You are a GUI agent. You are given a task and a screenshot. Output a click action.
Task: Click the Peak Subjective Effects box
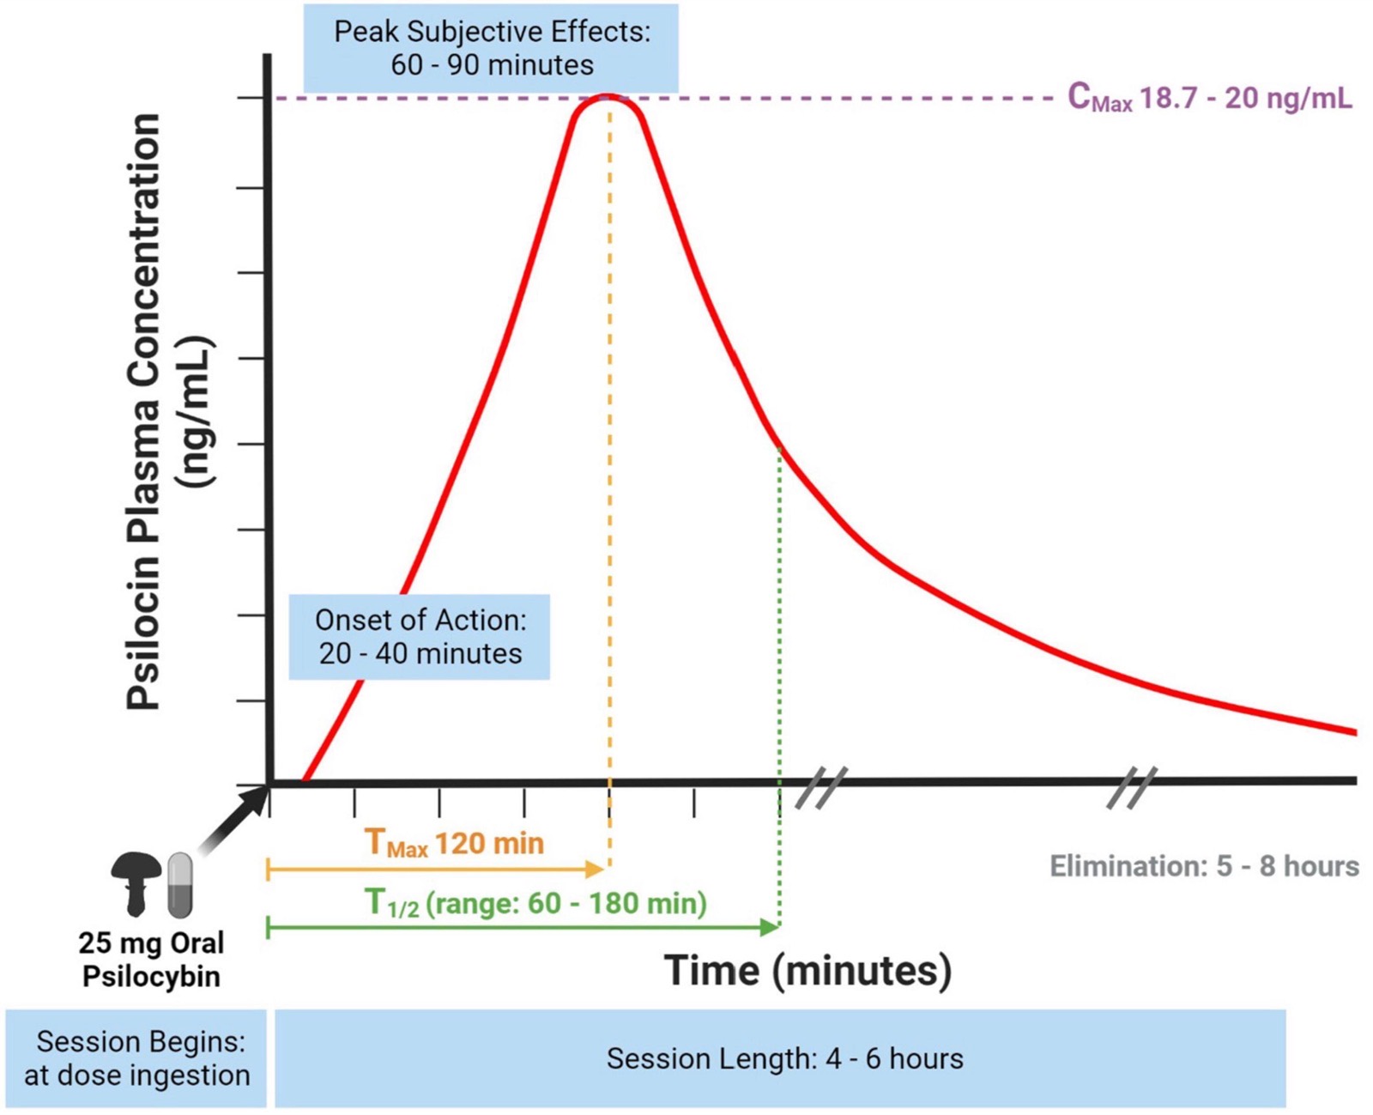(x=491, y=48)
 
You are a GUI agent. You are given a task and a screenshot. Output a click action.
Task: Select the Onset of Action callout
(x=419, y=637)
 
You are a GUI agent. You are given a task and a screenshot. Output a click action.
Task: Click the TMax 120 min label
(x=455, y=844)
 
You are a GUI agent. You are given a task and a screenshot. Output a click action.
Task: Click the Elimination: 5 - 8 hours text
(x=1205, y=866)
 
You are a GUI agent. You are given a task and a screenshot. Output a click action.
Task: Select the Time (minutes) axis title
(x=807, y=971)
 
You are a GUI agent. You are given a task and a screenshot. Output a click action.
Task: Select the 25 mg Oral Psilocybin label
(x=152, y=960)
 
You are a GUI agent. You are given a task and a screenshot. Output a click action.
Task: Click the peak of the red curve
(x=608, y=97)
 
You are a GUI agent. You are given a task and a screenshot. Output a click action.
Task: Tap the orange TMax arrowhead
(x=594, y=870)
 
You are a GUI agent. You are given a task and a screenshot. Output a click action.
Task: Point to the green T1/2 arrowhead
(x=770, y=928)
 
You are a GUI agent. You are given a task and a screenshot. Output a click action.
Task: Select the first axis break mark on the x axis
(x=821, y=787)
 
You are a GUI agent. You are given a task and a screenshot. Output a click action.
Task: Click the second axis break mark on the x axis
(x=1132, y=787)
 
